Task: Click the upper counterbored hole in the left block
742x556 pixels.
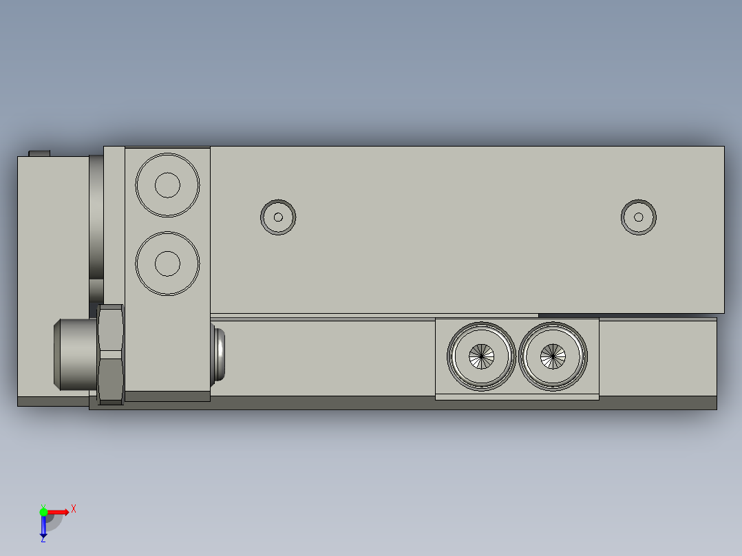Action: tap(167, 184)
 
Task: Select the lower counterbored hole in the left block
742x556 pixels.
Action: tap(167, 263)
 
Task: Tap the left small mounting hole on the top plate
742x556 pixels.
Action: tap(278, 217)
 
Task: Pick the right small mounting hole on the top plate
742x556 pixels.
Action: tap(638, 217)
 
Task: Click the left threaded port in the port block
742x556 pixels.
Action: tap(481, 356)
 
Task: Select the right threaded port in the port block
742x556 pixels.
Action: tap(553, 356)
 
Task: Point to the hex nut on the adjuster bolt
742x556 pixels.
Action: tap(111, 354)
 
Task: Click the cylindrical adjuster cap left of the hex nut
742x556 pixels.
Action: tap(75, 354)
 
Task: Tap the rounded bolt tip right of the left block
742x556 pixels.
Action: tap(218, 354)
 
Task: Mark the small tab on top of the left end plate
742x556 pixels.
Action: tap(39, 153)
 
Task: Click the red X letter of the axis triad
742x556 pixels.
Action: tap(74, 509)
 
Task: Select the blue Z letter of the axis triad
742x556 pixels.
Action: tap(43, 539)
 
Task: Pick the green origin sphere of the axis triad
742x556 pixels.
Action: tap(43, 512)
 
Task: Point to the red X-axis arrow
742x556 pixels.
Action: tap(59, 512)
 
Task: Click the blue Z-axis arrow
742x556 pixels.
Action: tap(43, 526)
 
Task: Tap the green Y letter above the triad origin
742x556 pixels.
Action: tap(43, 504)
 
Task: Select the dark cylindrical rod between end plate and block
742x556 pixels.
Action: tap(96, 227)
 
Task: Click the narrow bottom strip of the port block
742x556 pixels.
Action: tap(516, 396)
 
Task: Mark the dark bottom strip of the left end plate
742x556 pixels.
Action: tap(52, 402)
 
